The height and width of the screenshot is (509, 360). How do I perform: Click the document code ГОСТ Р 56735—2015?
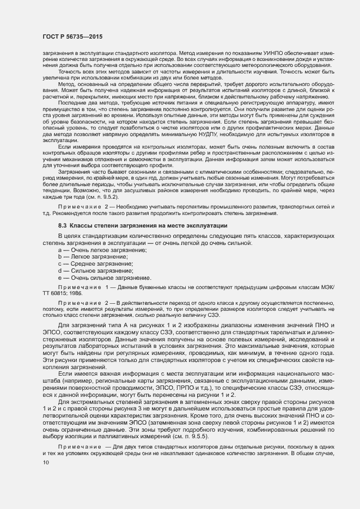[72, 36]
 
